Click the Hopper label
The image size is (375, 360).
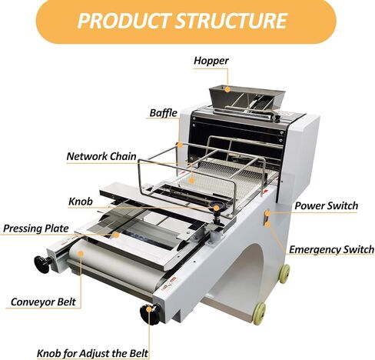coord(211,61)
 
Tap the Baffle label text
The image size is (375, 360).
coord(163,113)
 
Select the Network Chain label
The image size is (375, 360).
coord(101,156)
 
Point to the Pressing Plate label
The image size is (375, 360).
coord(36,228)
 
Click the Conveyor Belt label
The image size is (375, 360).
coord(43,302)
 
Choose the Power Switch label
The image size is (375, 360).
coord(326,205)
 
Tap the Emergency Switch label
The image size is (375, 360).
coord(331,249)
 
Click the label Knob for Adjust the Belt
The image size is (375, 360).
coord(92,353)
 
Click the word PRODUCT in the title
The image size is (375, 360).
coord(124,21)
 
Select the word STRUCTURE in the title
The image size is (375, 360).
coord(231,21)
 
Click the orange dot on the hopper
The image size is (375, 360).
coord(227,89)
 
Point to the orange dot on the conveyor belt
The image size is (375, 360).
coord(81,254)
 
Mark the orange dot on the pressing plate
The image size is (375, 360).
coord(117,235)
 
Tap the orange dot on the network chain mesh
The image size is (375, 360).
coord(191,180)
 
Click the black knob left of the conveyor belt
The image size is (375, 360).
coord(43,264)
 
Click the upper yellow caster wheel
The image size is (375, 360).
coord(284,274)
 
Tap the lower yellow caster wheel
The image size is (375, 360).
coord(260,313)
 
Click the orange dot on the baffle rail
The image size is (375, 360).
coord(181,145)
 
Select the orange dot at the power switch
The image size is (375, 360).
coord(267,213)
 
